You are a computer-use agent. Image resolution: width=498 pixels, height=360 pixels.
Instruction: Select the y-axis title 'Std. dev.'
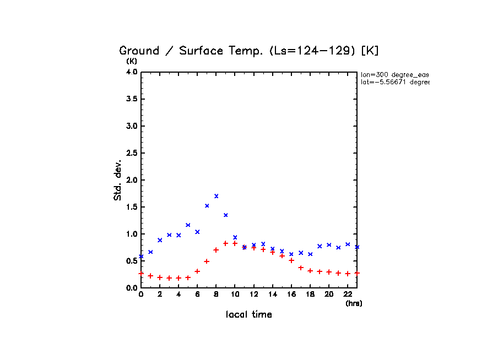click(x=118, y=180)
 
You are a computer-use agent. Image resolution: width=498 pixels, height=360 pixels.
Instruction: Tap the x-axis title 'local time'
click(x=248, y=315)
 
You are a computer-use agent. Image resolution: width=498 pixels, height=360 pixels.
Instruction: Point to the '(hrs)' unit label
click(x=354, y=303)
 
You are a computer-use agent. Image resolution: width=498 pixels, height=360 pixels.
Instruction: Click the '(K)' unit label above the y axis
click(x=132, y=61)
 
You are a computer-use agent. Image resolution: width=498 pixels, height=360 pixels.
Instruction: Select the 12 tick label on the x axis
click(x=253, y=294)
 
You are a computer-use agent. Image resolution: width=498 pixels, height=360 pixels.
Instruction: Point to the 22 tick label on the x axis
click(x=348, y=294)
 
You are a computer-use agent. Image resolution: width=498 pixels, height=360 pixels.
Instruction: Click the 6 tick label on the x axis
click(x=197, y=294)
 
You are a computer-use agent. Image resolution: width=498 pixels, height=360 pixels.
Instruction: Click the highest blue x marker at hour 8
click(x=216, y=196)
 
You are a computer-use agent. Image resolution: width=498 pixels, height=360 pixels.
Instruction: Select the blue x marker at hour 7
click(x=207, y=206)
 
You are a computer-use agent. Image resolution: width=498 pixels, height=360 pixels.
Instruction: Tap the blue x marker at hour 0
click(x=141, y=257)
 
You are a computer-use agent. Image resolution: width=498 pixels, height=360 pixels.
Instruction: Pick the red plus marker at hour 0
click(x=141, y=273)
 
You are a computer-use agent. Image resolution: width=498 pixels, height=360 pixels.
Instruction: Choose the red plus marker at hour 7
click(x=207, y=261)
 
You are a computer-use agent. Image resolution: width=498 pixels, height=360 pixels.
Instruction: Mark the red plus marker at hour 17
click(x=301, y=268)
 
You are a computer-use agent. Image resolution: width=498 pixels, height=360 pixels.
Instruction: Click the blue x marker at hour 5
click(x=188, y=225)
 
